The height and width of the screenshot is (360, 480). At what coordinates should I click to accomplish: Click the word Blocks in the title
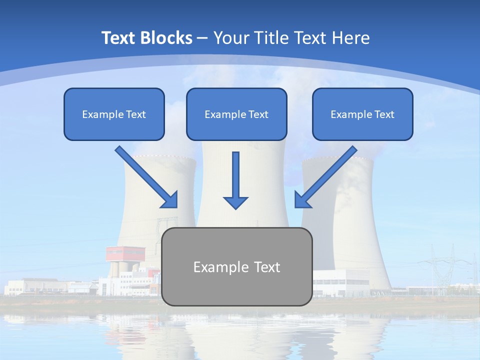pos(166,38)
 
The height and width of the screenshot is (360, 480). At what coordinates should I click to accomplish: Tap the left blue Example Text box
pos(114,114)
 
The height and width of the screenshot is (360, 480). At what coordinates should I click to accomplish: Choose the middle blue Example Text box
pos(236,114)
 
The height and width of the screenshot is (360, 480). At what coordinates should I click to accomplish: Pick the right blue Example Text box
pos(362,114)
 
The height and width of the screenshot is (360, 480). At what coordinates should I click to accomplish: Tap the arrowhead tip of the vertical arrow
pos(235,207)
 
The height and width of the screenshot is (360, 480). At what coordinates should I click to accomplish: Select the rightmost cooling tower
pos(350,225)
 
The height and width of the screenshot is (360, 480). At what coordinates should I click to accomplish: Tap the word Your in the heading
pos(230,38)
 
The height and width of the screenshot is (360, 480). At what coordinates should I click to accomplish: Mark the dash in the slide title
pos(202,38)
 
